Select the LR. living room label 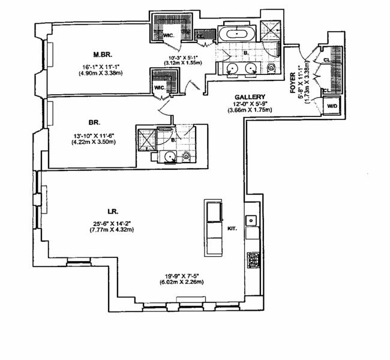[112, 211]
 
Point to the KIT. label [233, 228]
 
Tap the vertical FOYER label [293, 85]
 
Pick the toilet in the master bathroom [271, 68]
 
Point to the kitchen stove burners [253, 259]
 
